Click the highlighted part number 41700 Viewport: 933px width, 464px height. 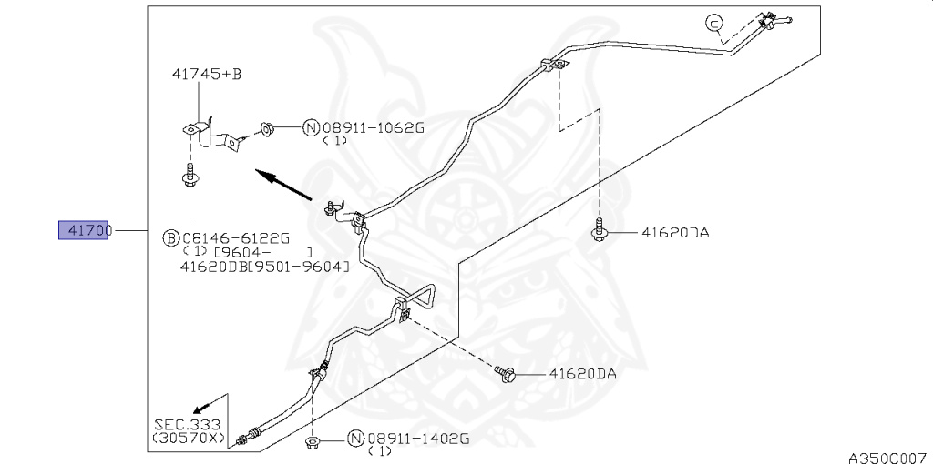[84, 231]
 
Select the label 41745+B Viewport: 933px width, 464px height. [205, 75]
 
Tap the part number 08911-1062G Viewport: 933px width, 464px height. [374, 128]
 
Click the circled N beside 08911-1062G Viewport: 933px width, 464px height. [311, 128]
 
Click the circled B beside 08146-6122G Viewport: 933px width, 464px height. [170, 238]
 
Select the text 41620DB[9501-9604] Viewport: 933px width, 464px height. [265, 267]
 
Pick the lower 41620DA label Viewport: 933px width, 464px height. [582, 373]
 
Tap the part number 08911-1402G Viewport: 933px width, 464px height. [418, 439]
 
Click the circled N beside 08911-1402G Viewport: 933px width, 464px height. [356, 439]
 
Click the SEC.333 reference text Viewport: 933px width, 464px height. [189, 424]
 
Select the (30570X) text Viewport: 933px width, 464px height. [189, 438]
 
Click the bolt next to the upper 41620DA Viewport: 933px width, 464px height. [600, 231]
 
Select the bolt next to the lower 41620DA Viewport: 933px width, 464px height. [508, 371]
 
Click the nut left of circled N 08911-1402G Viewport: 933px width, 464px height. [313, 442]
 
